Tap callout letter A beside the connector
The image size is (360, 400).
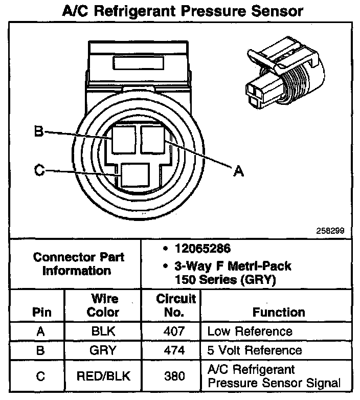coord(238,172)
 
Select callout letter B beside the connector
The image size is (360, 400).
coord(38,131)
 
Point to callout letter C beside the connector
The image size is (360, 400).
coord(39,170)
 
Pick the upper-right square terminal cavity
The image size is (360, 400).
coord(152,139)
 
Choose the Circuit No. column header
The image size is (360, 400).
coord(175,305)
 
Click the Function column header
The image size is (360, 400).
coord(279,312)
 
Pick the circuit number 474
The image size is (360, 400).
coord(175,350)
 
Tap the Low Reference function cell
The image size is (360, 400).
coord(250,331)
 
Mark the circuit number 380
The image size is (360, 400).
coord(175,376)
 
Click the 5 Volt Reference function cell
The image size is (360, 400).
coord(254,350)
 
